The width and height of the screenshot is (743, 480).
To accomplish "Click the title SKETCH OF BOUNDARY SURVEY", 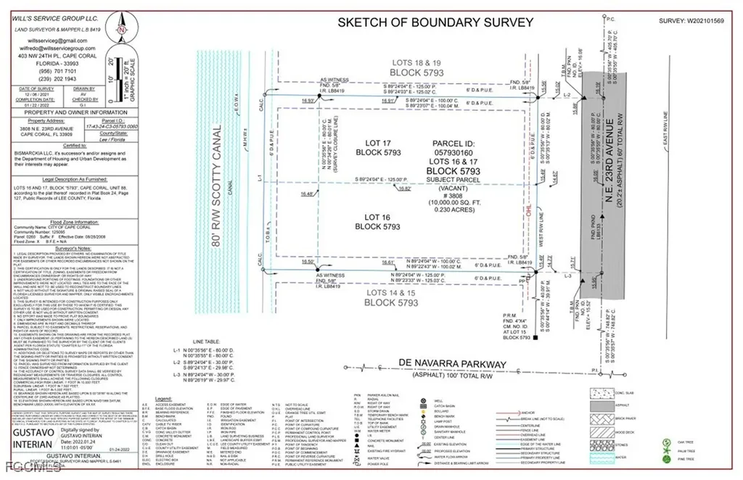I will tap(436, 22).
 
